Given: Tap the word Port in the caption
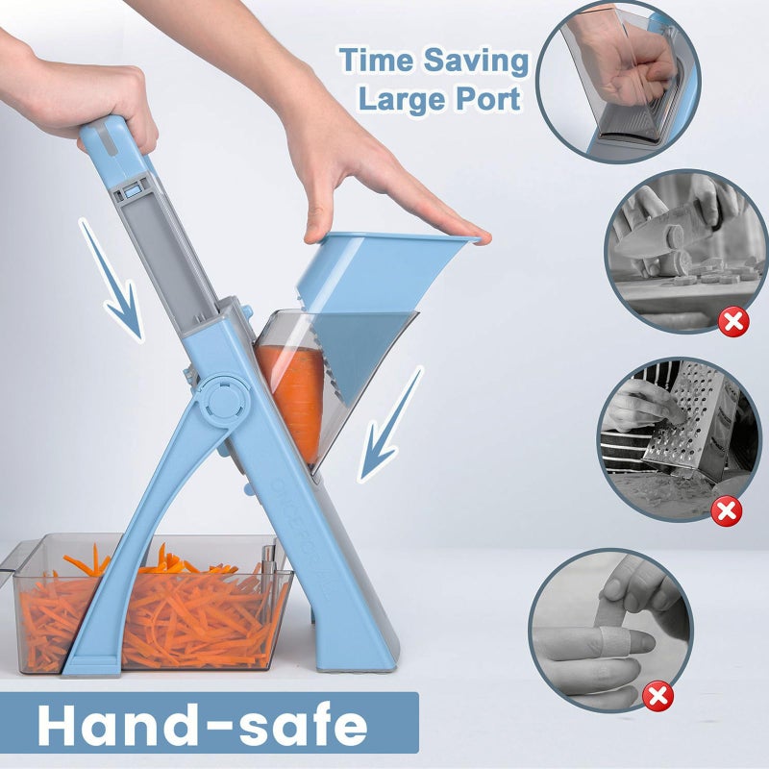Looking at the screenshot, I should (491, 99).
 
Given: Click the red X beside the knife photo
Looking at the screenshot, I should (733, 321).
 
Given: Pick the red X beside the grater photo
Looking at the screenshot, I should (727, 510).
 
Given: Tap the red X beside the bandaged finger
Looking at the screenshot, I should (658, 696).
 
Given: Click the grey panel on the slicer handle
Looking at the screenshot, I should (178, 250).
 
